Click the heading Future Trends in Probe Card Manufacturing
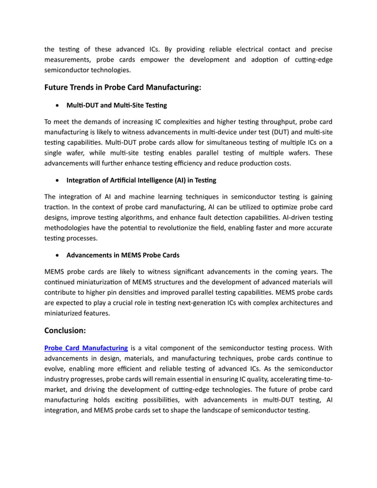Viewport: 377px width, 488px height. point(123,87)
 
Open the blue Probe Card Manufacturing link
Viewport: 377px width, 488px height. point(86,348)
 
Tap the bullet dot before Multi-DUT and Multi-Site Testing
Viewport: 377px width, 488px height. point(56,106)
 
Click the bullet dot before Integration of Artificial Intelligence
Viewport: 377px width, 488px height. point(56,180)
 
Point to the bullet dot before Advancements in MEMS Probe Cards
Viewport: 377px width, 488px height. point(56,255)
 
